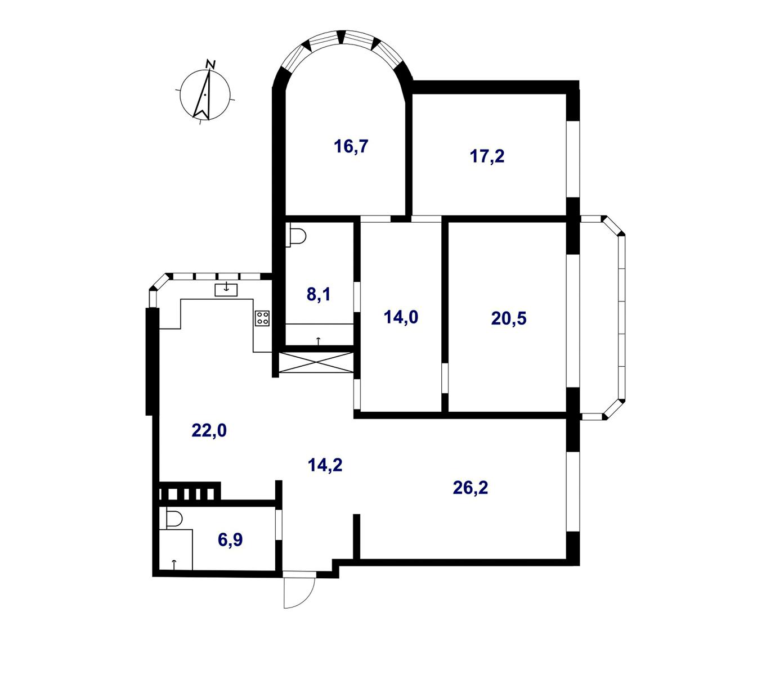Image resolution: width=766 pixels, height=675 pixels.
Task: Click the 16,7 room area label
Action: point(351,146)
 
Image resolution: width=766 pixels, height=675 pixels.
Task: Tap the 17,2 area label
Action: point(487,156)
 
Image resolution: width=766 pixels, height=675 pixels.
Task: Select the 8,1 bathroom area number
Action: point(319,294)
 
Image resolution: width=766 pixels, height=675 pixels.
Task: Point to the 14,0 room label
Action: point(401,317)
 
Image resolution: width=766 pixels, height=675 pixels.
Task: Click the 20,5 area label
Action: point(509,318)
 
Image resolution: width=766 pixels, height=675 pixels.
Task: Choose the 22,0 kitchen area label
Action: point(209,430)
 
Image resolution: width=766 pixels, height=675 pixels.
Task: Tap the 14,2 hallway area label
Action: point(325,465)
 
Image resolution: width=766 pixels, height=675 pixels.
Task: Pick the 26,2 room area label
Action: point(471,488)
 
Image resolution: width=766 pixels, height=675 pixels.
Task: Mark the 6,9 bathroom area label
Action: point(230,539)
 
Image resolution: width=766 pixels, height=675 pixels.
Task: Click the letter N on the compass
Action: point(210,64)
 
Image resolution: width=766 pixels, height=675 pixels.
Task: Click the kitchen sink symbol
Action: point(226,290)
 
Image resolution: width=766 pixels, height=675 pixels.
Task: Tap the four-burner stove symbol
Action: point(262,318)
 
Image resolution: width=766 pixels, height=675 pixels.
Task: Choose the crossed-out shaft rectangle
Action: point(316,362)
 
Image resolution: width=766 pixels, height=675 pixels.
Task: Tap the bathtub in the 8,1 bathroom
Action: point(319,335)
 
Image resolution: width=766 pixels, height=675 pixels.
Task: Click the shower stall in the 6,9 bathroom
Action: point(176,550)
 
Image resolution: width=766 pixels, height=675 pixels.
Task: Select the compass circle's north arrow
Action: point(203,94)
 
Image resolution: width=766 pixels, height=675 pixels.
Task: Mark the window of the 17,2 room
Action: point(572,159)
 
